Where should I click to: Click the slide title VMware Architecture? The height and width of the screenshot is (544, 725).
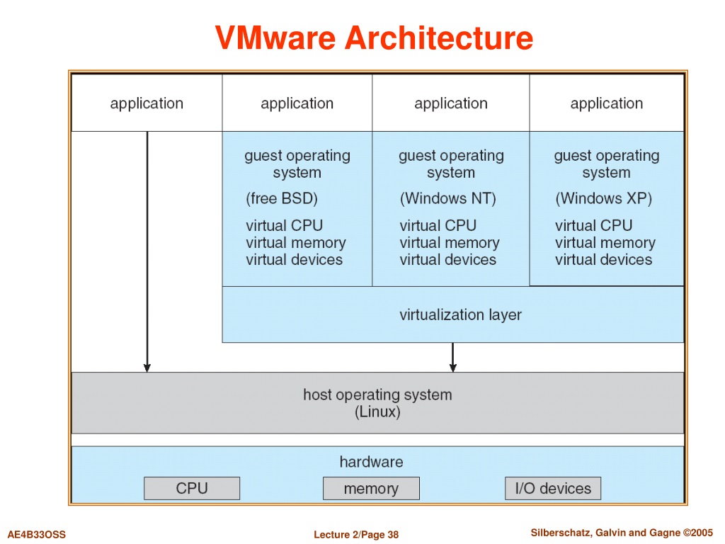click(374, 38)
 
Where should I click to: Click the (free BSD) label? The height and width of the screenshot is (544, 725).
click(282, 198)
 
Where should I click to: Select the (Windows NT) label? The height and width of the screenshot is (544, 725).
click(447, 198)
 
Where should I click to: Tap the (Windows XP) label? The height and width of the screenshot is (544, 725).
click(603, 198)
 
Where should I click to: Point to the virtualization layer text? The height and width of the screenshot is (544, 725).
click(460, 315)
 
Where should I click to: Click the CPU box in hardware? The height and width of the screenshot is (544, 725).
click(192, 489)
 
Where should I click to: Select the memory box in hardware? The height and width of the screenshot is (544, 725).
click(371, 489)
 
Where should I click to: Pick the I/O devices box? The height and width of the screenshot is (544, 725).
click(553, 489)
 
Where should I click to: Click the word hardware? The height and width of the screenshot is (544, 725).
click(371, 462)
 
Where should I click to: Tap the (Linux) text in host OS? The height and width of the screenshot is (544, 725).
click(377, 412)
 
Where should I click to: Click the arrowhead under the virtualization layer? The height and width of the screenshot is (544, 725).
click(452, 368)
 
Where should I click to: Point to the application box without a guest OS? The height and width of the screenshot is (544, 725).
click(147, 103)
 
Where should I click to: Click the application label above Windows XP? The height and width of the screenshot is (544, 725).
click(607, 103)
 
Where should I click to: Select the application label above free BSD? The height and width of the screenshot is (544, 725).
click(297, 103)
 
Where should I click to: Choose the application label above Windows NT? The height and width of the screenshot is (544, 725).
click(451, 103)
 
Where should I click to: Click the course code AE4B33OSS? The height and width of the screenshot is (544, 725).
click(37, 535)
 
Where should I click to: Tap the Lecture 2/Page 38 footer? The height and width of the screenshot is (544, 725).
click(356, 535)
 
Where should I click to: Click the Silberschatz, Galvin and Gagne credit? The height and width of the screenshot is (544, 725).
click(622, 533)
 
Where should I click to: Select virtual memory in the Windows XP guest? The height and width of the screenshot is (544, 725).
click(605, 243)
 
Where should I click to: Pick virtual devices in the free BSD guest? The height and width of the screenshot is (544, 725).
click(294, 259)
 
